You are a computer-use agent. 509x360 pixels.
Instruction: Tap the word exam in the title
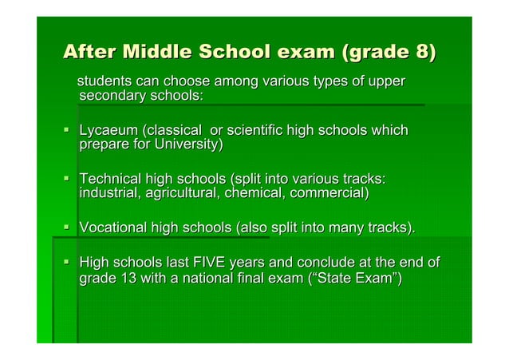[305, 54]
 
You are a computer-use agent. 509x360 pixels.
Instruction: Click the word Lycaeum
[107, 131]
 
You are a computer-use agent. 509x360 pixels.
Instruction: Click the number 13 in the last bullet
[124, 279]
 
